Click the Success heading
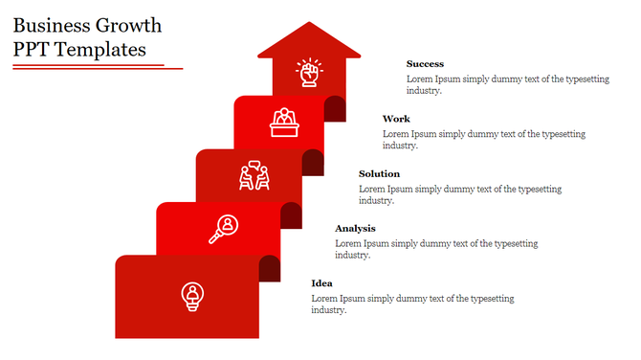[x=425, y=64]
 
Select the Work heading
[x=396, y=119]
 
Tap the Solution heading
[x=379, y=173]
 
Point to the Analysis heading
[x=355, y=228]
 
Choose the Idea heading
[x=322, y=282]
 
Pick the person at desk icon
[x=283, y=122]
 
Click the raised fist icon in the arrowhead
[x=308, y=73]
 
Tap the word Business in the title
[x=49, y=25]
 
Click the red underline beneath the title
[x=91, y=67]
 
